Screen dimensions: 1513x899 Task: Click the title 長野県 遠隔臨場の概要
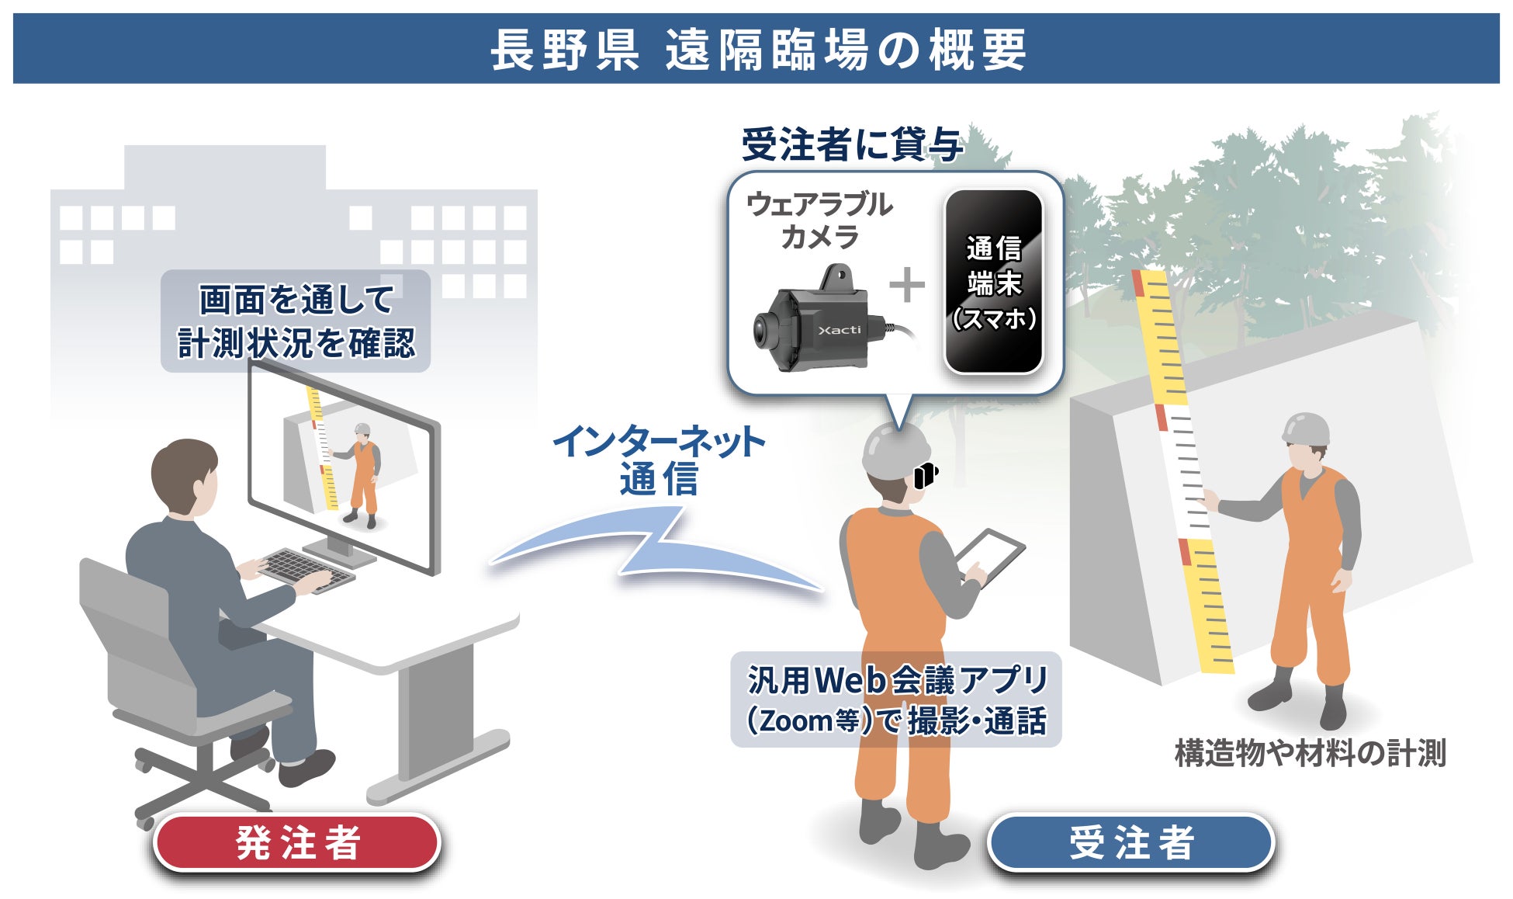[x=757, y=50]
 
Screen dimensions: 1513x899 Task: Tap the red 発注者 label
[x=298, y=842]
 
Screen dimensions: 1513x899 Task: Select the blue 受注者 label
[x=1131, y=842]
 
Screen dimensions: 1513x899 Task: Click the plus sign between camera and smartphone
[x=907, y=285]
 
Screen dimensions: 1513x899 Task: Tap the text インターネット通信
[x=659, y=460]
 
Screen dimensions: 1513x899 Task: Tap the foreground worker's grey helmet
[x=896, y=450]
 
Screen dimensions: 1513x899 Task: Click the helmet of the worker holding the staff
[x=1305, y=429]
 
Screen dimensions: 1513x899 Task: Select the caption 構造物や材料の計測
[x=1310, y=753]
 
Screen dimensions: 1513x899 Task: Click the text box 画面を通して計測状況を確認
[x=296, y=321]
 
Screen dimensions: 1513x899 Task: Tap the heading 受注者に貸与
[x=852, y=145]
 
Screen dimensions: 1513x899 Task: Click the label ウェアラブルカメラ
[x=819, y=220]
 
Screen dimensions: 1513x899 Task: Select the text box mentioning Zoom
[x=896, y=699]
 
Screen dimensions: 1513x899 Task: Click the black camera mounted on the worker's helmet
[x=926, y=474]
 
